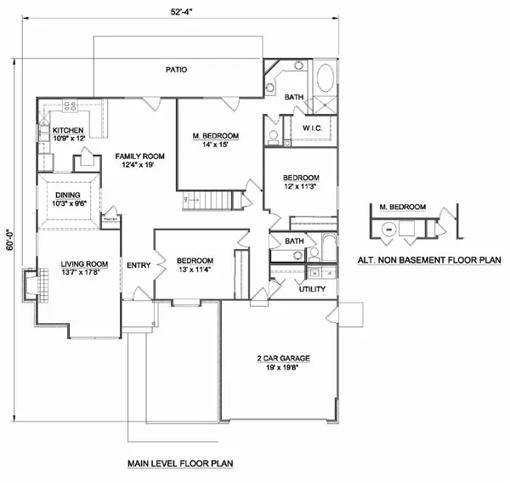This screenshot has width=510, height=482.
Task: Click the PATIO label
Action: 177,70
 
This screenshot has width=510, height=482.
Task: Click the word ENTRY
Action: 138,266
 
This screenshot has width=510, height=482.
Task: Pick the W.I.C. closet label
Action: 312,128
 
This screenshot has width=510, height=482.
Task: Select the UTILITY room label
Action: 311,289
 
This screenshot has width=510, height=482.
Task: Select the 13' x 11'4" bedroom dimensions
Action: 195,270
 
